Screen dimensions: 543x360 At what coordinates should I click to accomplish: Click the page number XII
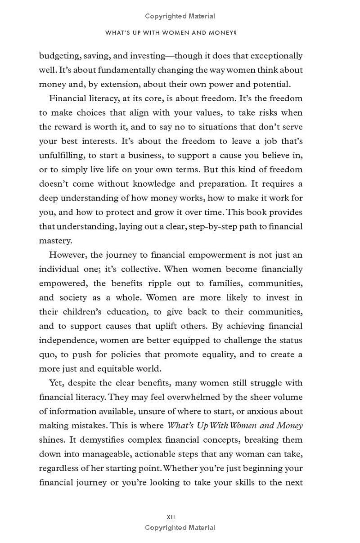pos(171,517)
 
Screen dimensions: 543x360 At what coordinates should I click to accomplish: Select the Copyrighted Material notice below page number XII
pos(180,528)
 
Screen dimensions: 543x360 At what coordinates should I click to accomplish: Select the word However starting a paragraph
pos(68,255)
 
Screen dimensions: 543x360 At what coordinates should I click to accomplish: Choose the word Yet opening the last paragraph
pos(56,383)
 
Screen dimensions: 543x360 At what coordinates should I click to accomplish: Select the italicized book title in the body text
pos(235,426)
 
